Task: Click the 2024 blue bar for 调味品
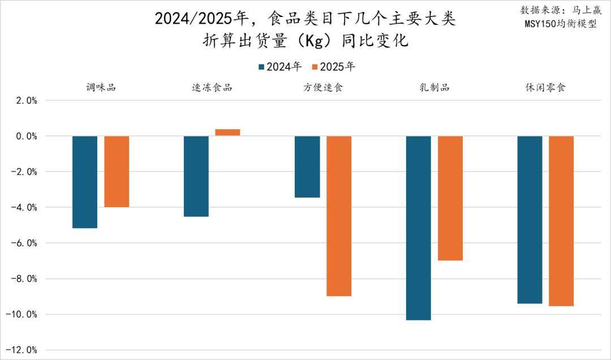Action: [x=85, y=182]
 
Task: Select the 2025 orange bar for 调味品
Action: [x=117, y=172]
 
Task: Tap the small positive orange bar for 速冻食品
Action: [x=227, y=132]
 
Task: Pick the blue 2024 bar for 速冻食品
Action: [x=196, y=176]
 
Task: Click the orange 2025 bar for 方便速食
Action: [x=339, y=216]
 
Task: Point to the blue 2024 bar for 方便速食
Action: [x=307, y=166]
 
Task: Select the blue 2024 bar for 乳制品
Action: [x=419, y=228]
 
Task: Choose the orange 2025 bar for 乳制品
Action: [x=450, y=198]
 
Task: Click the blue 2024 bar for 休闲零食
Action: [x=530, y=220]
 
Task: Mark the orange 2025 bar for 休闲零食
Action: [x=561, y=221]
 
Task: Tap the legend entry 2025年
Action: [x=334, y=67]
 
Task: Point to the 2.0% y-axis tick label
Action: [x=26, y=101]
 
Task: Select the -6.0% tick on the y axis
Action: [x=24, y=243]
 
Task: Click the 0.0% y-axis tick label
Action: [x=26, y=136]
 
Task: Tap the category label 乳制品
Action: [x=434, y=88]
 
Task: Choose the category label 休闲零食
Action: [x=545, y=88]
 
